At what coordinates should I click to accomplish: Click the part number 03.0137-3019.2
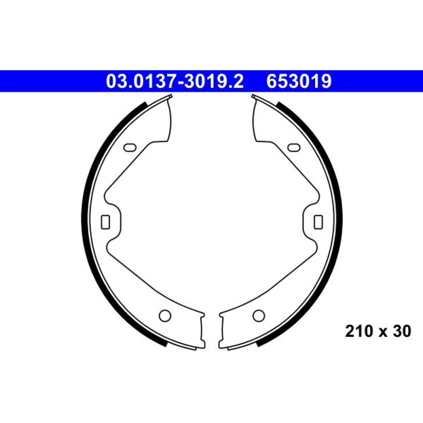[x=175, y=82]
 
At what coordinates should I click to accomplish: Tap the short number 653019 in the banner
[x=299, y=82]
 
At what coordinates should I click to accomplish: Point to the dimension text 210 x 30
[x=378, y=331]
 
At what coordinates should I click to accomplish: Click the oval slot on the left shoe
[x=130, y=147]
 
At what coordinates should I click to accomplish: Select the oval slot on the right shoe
[x=294, y=147]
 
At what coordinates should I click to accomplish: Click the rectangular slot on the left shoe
[x=105, y=222]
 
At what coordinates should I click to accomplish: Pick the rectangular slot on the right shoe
[x=319, y=222]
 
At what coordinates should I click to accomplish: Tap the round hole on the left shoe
[x=165, y=316]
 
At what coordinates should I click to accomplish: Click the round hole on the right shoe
[x=259, y=316]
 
